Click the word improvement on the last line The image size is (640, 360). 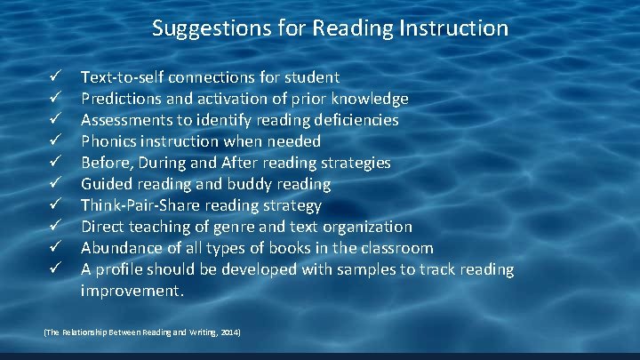coord(131,291)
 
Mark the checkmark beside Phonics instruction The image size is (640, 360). coord(54,141)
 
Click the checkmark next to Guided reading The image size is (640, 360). coord(54,184)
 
